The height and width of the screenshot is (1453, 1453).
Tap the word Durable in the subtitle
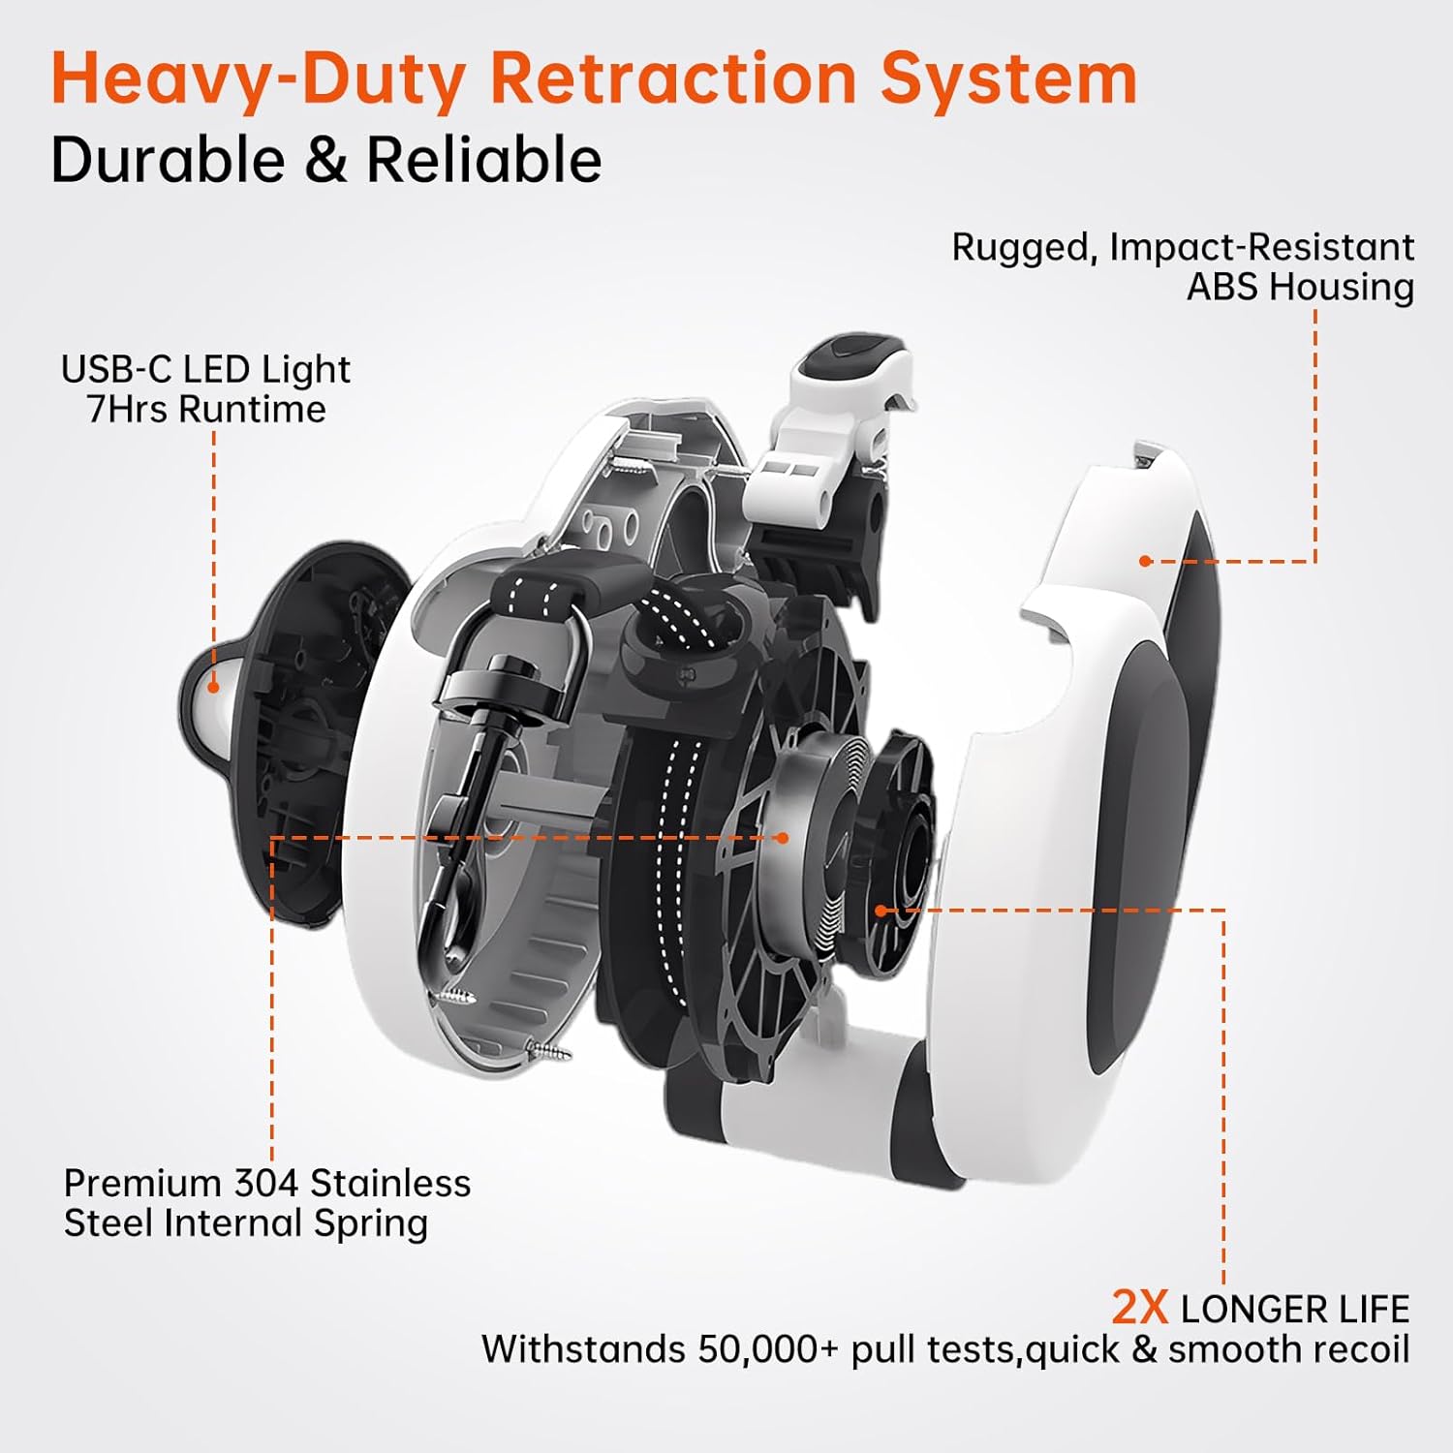(168, 160)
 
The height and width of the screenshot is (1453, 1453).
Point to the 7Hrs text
(126, 410)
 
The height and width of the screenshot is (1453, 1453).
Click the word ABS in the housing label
(1222, 288)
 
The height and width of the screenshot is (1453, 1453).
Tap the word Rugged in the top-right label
(1025, 247)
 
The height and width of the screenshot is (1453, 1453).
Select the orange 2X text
(1139, 1308)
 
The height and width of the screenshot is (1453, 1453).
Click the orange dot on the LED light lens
(213, 687)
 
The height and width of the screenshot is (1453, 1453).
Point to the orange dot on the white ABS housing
(1145, 561)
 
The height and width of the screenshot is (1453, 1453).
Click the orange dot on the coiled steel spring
(783, 838)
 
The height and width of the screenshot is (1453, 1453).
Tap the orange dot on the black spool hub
(881, 910)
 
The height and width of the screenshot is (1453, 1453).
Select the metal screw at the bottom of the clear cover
(548, 1048)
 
